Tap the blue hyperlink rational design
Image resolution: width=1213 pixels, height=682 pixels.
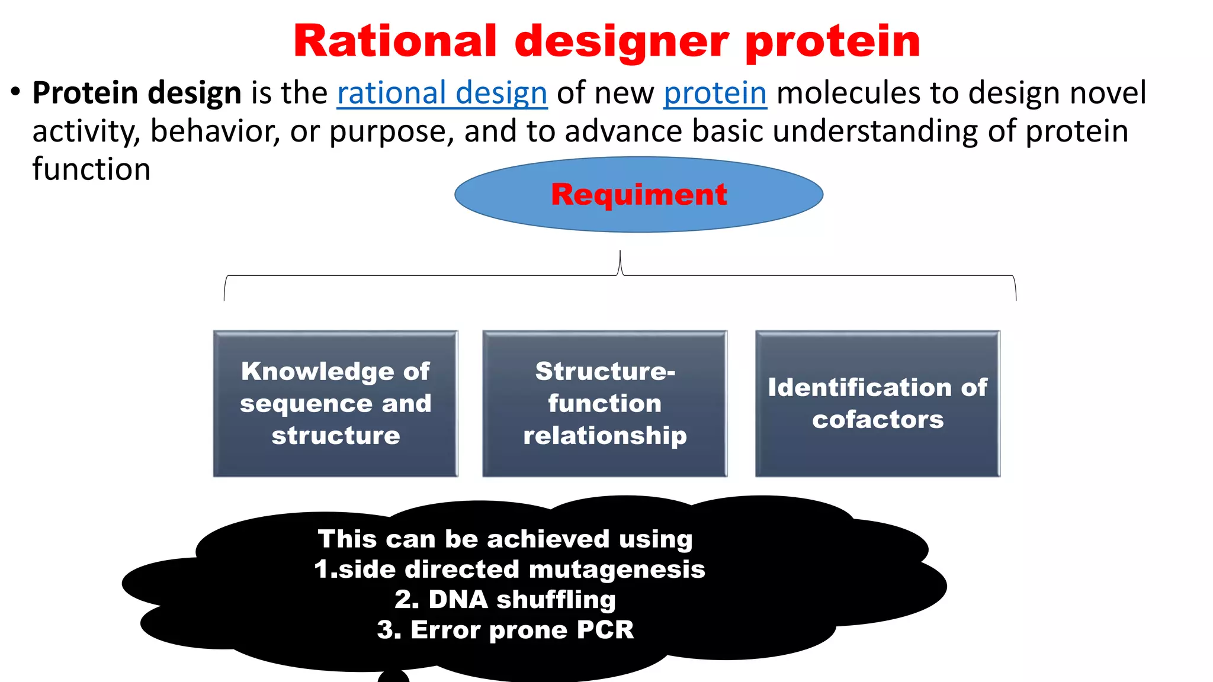[x=442, y=94]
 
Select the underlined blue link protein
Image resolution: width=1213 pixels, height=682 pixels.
[x=715, y=94]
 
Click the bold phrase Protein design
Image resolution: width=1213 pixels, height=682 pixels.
[x=137, y=94]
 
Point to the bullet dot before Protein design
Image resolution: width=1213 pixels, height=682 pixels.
[x=16, y=92]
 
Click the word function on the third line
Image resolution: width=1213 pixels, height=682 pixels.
[x=91, y=170]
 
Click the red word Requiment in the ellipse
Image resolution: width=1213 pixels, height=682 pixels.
[x=638, y=195]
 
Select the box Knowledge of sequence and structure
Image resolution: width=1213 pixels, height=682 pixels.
[x=335, y=404]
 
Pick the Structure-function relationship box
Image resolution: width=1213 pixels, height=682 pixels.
[x=605, y=404]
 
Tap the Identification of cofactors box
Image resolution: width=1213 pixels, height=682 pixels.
[x=878, y=404]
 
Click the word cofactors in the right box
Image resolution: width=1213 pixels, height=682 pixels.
[x=878, y=420]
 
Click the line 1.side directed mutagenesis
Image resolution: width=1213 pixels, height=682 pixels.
[x=509, y=570]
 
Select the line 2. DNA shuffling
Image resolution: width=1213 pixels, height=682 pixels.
[x=505, y=600]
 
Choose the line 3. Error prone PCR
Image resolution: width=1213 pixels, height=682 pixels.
[x=505, y=630]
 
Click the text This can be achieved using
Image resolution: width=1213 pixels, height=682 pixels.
[x=505, y=539]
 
